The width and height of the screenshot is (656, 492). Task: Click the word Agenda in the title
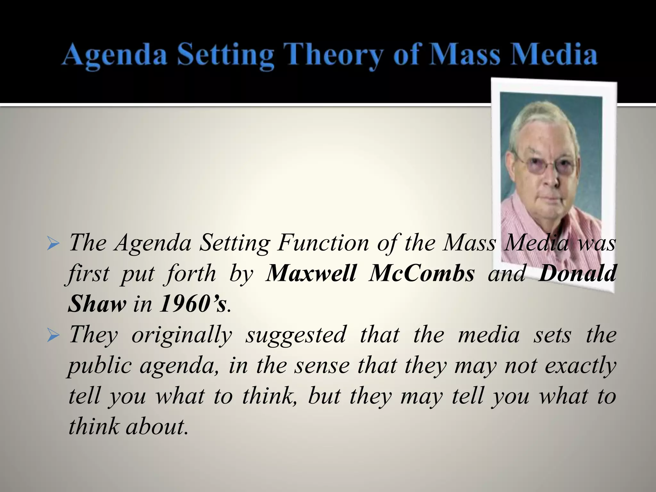click(x=115, y=55)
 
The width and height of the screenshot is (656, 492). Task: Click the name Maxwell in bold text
click(x=311, y=274)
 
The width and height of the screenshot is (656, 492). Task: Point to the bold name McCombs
click(x=421, y=274)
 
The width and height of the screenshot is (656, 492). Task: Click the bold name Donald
click(x=577, y=274)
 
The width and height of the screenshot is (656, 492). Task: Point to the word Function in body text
click(x=324, y=243)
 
